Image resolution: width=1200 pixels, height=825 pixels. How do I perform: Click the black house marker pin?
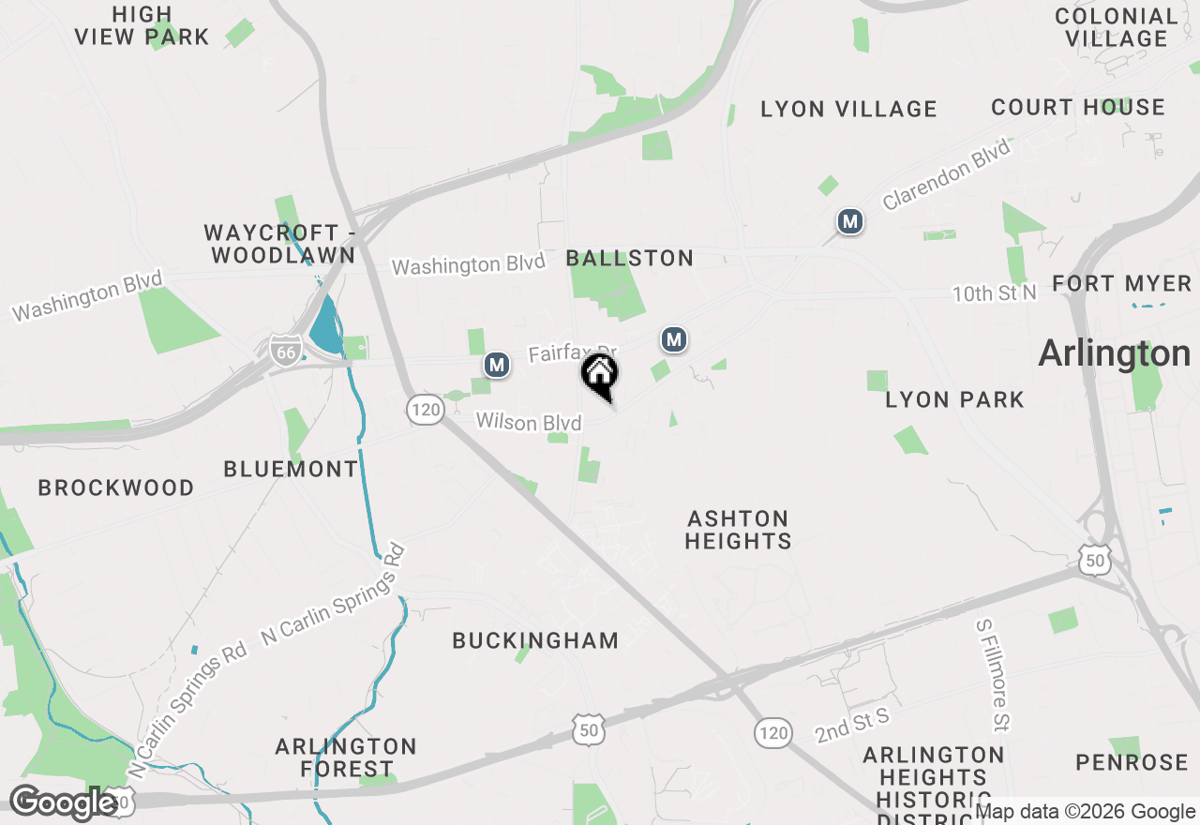(x=600, y=375)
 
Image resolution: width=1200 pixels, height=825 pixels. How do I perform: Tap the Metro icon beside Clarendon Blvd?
(x=850, y=222)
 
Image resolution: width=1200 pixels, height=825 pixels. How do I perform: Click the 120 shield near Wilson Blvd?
(x=425, y=408)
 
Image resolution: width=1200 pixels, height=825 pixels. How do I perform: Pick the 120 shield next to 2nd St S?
(x=772, y=733)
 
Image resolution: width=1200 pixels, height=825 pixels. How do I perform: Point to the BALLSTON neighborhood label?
(x=630, y=258)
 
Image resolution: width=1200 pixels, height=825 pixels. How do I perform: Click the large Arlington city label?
(x=1115, y=353)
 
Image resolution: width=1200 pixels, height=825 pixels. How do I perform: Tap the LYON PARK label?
(x=954, y=400)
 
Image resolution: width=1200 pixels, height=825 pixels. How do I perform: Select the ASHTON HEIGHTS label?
(x=738, y=530)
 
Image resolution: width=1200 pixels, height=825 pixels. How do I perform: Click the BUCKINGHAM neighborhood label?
(x=535, y=641)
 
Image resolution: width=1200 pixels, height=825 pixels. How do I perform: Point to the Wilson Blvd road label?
(x=529, y=423)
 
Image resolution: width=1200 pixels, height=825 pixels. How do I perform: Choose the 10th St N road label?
(x=995, y=294)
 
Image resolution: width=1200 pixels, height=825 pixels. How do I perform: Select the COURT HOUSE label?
(x=1078, y=108)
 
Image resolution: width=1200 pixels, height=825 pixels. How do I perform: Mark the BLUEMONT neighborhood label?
(x=291, y=469)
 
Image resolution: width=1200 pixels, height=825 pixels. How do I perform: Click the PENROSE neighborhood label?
(x=1132, y=762)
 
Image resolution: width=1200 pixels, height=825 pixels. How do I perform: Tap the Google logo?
(x=63, y=803)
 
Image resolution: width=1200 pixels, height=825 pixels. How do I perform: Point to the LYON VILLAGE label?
(x=848, y=110)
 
